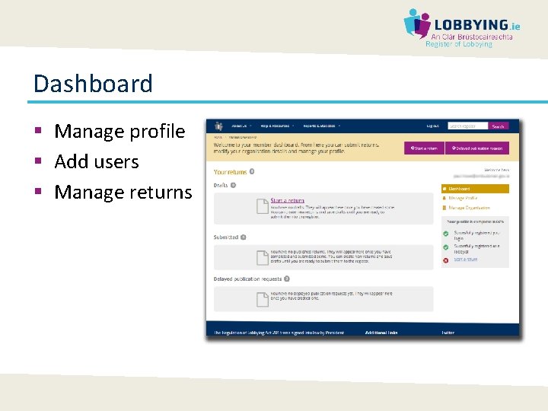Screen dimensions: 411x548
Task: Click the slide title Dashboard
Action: point(93,84)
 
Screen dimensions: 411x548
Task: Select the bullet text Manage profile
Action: point(119,132)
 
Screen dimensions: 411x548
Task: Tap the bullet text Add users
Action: point(97,162)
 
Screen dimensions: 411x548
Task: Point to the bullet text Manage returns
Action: point(123,192)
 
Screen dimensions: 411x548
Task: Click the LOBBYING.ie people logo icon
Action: point(416,23)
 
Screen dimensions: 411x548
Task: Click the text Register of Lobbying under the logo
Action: point(459,44)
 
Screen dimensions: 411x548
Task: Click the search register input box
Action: point(467,126)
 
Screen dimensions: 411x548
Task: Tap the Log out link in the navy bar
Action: point(432,126)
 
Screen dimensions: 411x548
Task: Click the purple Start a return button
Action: point(424,148)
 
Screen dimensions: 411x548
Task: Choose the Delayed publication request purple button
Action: point(477,148)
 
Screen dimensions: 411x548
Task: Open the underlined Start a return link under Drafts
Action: point(287,201)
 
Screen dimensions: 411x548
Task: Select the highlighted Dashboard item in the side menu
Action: point(475,189)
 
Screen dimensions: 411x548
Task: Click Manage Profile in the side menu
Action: point(463,198)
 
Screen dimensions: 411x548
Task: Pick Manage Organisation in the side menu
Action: point(469,208)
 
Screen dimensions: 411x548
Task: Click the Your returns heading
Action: point(231,172)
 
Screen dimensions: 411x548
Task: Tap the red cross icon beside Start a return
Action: point(445,260)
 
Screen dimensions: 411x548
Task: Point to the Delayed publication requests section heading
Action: point(247,279)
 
